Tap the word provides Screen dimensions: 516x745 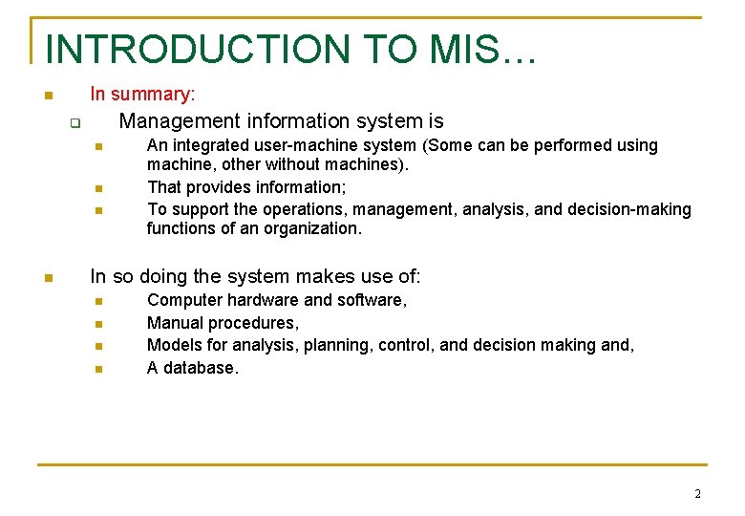coord(215,187)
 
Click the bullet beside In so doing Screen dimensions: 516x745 coord(47,278)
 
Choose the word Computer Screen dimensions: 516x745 coord(183,300)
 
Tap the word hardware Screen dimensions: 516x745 coord(260,300)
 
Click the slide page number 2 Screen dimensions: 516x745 coord(697,494)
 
